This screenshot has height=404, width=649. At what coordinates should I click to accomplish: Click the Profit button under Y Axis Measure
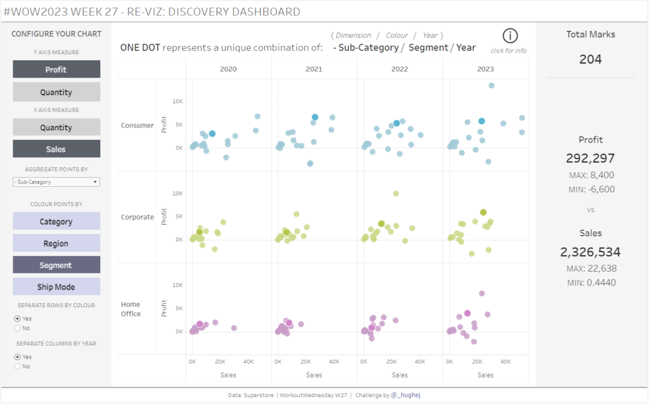pos(56,70)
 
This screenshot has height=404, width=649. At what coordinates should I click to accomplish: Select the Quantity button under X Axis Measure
pos(56,127)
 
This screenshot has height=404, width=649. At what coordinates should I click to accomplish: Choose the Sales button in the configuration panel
pos(56,149)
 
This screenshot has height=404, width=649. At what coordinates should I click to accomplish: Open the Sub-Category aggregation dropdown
pos(56,182)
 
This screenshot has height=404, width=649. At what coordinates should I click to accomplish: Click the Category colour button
pos(56,222)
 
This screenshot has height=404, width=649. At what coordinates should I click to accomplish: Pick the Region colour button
pos(56,243)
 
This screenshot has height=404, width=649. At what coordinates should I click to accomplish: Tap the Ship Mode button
pos(56,287)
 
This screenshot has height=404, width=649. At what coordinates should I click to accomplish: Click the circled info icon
pos(510,36)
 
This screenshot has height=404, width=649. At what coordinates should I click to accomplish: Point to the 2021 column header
pos(314,68)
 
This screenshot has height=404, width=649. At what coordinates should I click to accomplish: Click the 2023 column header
pos(485,68)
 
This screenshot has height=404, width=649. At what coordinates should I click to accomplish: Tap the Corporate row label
pos(138,217)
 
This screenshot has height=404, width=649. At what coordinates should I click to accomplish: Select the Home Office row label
pos(131,309)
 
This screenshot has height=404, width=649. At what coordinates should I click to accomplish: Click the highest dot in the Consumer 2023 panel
pos(491,85)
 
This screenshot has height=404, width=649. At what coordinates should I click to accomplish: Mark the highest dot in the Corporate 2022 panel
pos(395,194)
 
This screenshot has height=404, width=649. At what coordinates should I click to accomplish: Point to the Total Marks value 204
pos(591,60)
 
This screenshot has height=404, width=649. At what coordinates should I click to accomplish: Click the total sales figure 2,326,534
pos(591,252)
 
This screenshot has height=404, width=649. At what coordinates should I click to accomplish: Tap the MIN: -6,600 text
pos(591,189)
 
